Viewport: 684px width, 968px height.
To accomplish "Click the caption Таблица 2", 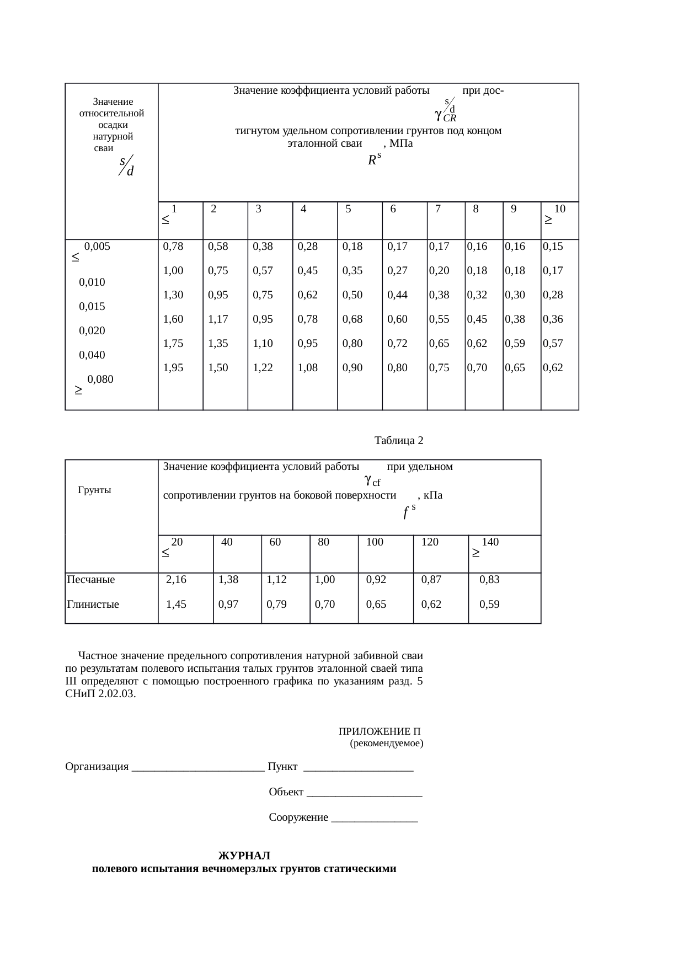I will pyautogui.click(x=398, y=441).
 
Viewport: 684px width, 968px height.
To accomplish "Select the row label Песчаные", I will pyautogui.click(x=90, y=580).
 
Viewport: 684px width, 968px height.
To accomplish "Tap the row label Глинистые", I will pyautogui.click(x=93, y=605).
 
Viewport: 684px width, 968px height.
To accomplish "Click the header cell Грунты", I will pyautogui.click(x=95, y=490).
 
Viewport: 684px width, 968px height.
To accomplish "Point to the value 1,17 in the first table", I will pyautogui.click(x=218, y=319).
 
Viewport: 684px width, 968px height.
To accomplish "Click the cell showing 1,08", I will pyautogui.click(x=307, y=368).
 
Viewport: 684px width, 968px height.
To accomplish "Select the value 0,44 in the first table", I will pyautogui.click(x=397, y=295).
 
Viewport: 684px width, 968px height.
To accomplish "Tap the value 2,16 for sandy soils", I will pyautogui.click(x=177, y=580).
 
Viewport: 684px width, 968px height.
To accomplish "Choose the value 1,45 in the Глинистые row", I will pyautogui.click(x=177, y=605).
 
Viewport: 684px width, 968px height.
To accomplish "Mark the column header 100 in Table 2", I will pyautogui.click(x=375, y=542).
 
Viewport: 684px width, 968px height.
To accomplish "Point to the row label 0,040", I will pyautogui.click(x=92, y=355).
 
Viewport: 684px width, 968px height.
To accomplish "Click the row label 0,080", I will pyautogui.click(x=100, y=379).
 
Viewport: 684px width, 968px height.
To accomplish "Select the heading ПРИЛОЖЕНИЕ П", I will pyautogui.click(x=380, y=732).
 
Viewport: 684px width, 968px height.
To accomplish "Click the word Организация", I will pyautogui.click(x=97, y=767).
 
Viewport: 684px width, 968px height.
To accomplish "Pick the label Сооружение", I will pyautogui.click(x=298, y=817).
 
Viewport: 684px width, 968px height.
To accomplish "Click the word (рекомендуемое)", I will pyautogui.click(x=387, y=744).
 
